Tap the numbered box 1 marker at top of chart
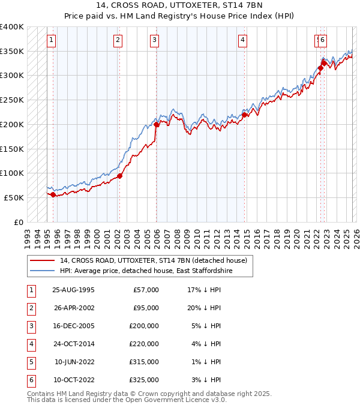52,40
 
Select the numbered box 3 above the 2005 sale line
155,40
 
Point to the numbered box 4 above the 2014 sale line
242,40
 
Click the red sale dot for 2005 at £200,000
156,124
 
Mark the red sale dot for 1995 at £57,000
53,194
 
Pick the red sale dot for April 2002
119,176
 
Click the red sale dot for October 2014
244,115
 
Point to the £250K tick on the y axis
13,100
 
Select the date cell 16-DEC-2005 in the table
73,326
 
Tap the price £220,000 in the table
144,344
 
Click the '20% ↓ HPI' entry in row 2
203,308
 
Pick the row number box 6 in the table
30,380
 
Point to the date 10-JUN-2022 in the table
74,362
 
